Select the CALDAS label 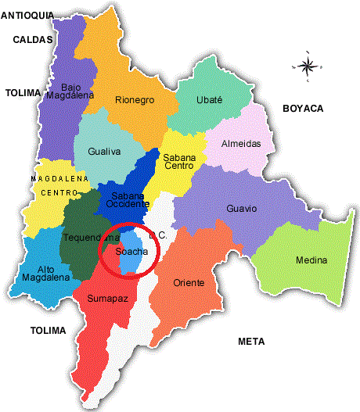(x=32, y=39)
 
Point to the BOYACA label (x=303, y=109)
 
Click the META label (x=251, y=342)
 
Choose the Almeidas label (x=243, y=143)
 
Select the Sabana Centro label (x=179, y=162)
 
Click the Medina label (x=311, y=260)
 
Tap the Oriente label (x=189, y=282)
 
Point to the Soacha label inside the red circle (x=131, y=251)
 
